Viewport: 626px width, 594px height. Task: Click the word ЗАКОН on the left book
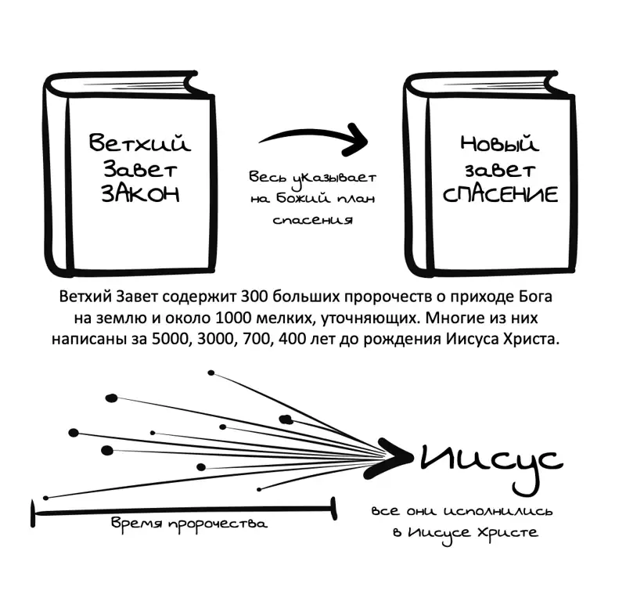(x=140, y=194)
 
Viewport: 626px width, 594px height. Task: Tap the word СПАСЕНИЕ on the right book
(x=500, y=195)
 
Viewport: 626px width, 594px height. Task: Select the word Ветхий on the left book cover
(x=140, y=142)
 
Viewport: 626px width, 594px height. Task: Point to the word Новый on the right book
(x=500, y=143)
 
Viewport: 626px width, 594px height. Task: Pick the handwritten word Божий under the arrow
(x=303, y=199)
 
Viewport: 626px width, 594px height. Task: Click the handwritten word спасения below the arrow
(x=313, y=220)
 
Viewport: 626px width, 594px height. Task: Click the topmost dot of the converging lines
(x=210, y=373)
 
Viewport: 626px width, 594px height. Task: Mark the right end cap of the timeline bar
(x=333, y=509)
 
